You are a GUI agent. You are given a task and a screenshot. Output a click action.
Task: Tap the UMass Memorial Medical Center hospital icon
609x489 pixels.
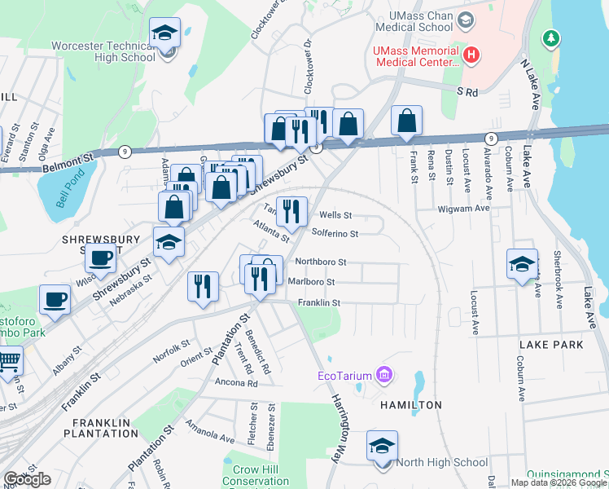click(471, 55)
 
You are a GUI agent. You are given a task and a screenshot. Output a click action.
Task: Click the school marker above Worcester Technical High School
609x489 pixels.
click(165, 35)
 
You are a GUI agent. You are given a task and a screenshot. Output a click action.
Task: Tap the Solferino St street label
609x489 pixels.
click(335, 232)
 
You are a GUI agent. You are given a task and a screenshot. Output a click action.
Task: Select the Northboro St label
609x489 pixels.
click(321, 262)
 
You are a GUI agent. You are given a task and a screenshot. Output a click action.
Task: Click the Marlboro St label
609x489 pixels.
click(312, 282)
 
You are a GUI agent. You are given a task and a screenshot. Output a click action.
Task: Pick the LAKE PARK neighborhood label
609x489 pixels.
click(550, 345)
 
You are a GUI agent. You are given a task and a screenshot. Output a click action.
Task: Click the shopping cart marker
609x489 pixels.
click(7, 361)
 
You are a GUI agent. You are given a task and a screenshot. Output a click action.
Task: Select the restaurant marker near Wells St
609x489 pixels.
click(291, 212)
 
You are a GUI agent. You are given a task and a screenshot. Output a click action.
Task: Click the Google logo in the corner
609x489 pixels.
click(27, 479)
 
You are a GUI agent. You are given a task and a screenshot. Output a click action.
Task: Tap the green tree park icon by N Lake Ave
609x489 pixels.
click(552, 37)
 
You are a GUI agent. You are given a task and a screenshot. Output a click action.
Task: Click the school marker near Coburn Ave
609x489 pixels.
click(522, 264)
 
